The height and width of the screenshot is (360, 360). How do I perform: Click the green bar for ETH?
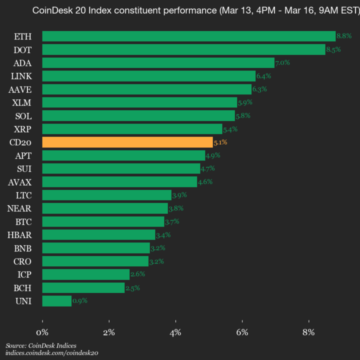pyautogui.click(x=188, y=36)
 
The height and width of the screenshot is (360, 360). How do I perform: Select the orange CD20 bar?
pyautogui.click(x=127, y=142)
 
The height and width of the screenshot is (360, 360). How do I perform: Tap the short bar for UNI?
pyautogui.click(x=57, y=301)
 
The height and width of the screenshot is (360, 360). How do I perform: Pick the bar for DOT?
pyautogui.click(x=183, y=49)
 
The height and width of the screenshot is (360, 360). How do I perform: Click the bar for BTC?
pyautogui.click(x=103, y=221)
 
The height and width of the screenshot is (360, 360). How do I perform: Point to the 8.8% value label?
pyautogui.click(x=344, y=36)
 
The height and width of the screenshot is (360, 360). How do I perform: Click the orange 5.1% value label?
pyautogui.click(x=220, y=142)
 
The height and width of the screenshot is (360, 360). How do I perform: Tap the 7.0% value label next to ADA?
pyautogui.click(x=282, y=62)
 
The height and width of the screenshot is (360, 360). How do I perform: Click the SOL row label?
pyautogui.click(x=23, y=115)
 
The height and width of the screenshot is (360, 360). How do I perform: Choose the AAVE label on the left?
pyautogui.click(x=20, y=89)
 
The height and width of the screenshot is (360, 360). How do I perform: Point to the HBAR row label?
pyautogui.click(x=19, y=234)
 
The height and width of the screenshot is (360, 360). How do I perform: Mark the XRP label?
pyautogui.click(x=23, y=129)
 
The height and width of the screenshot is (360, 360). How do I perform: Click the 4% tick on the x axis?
pyautogui.click(x=175, y=332)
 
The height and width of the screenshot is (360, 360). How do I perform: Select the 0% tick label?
pyautogui.click(x=42, y=332)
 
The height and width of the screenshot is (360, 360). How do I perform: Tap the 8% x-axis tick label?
pyautogui.click(x=308, y=332)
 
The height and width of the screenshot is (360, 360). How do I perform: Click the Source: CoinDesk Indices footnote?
pyautogui.click(x=41, y=345)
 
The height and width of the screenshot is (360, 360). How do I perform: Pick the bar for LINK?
pyautogui.click(x=149, y=76)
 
